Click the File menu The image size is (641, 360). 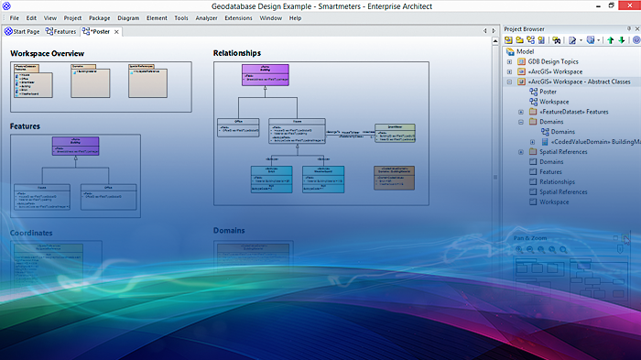tap(14, 17)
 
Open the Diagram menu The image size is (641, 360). tap(128, 17)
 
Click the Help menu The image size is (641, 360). tap(295, 17)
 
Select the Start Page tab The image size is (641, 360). tap(24, 32)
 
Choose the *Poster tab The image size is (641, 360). tap(97, 32)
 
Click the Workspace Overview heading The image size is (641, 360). tap(48, 53)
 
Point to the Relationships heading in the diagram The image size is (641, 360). tap(237, 53)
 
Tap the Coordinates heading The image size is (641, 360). tap(31, 233)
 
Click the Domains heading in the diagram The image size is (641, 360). tap(229, 231)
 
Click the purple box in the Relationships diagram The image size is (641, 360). tap(266, 73)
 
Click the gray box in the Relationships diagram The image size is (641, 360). tap(394, 177)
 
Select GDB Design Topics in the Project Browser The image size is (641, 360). tap(553, 61)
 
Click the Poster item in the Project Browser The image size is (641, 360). tap(549, 92)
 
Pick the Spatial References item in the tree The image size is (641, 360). tap(563, 191)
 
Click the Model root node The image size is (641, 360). tap(526, 51)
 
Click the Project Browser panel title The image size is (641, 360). tap(525, 28)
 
